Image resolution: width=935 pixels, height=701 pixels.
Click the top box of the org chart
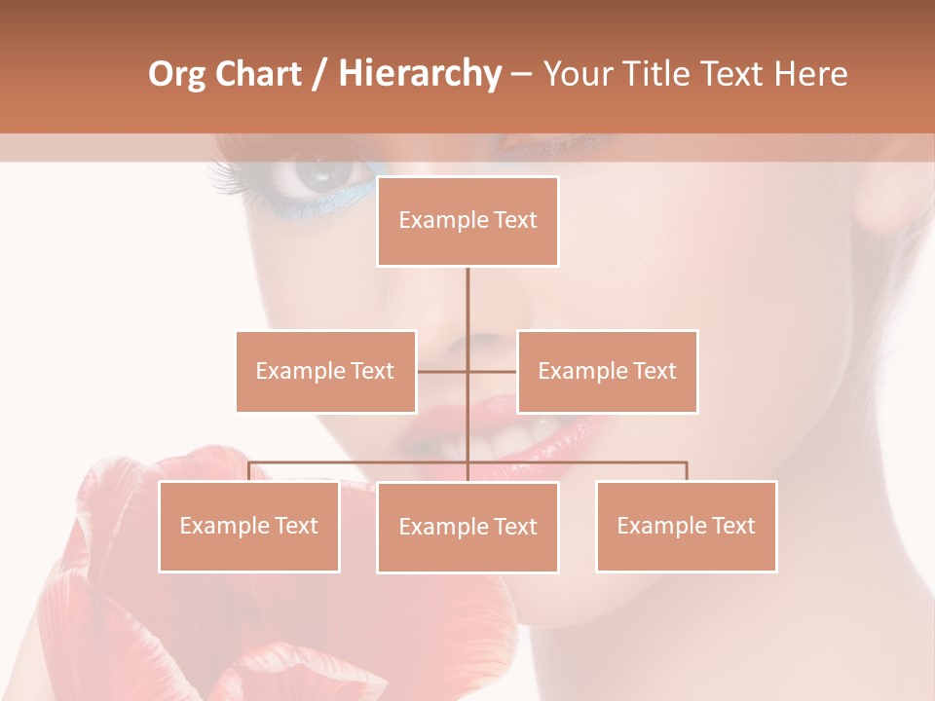pyautogui.click(x=467, y=221)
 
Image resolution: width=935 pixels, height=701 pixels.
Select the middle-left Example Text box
pyautogui.click(x=325, y=371)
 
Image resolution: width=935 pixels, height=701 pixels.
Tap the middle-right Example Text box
pyautogui.click(x=607, y=371)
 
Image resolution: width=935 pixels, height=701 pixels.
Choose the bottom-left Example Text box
pyautogui.click(x=248, y=526)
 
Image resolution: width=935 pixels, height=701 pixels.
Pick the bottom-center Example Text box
pyautogui.click(x=467, y=527)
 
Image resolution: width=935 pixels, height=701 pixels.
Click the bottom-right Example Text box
pyautogui.click(x=686, y=526)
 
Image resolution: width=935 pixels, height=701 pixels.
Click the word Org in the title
pyautogui.click(x=176, y=74)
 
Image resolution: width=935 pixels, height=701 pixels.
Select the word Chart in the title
pyautogui.click(x=258, y=74)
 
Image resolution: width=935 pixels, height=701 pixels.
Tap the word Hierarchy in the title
pyautogui.click(x=419, y=74)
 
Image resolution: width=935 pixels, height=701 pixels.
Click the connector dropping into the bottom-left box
pyautogui.click(x=248, y=471)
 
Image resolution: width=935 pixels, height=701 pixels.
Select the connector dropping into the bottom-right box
pyautogui.click(x=687, y=471)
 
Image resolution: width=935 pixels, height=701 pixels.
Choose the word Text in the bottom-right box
pyautogui.click(x=732, y=526)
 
